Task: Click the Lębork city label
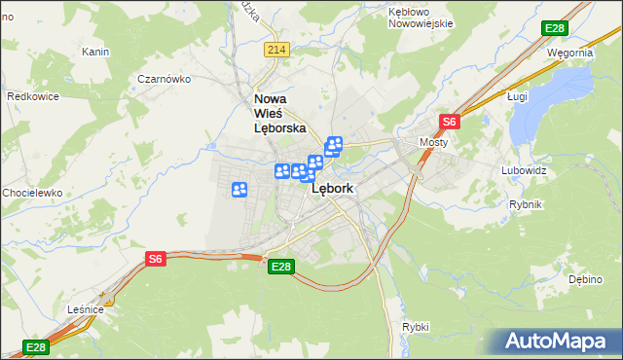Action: [333, 191]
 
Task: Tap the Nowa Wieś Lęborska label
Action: [280, 113]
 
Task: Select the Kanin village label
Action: [95, 52]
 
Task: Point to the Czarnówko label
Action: [162, 79]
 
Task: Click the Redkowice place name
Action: [34, 96]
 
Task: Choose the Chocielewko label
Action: [32, 193]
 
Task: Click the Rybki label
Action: [415, 327]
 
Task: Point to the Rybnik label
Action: [525, 204]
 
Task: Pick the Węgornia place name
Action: [569, 53]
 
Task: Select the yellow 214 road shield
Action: [276, 50]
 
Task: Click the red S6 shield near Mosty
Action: [449, 122]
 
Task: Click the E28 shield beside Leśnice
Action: [35, 347]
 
